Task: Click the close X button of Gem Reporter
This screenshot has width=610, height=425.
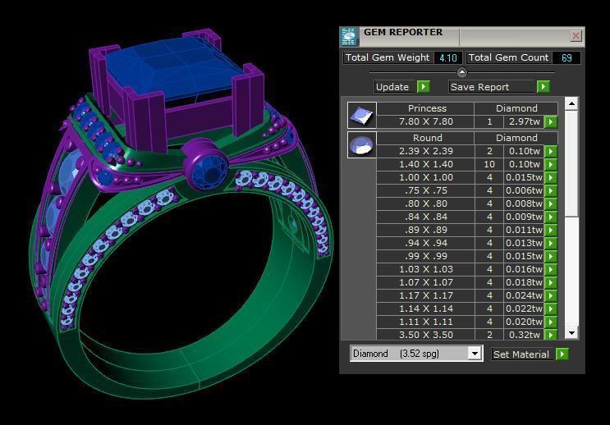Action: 576,36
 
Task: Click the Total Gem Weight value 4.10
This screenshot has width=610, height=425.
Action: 447,58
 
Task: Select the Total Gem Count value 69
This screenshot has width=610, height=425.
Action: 566,58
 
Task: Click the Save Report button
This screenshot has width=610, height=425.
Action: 490,87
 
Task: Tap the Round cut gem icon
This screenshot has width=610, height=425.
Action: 361,145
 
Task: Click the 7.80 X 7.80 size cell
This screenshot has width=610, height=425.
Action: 426,121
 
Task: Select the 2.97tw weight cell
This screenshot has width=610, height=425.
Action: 523,121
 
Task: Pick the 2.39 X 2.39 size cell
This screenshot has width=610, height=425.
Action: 426,151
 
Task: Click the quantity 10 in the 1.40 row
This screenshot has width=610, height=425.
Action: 489,164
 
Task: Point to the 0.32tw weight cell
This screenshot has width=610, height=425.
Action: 523,335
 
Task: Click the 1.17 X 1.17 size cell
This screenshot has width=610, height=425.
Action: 426,295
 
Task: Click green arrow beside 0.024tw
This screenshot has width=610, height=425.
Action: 551,295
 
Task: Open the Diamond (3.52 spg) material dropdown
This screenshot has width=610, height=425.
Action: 474,354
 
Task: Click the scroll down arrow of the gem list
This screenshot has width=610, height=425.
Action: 571,333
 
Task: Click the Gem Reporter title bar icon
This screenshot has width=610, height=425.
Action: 350,36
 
